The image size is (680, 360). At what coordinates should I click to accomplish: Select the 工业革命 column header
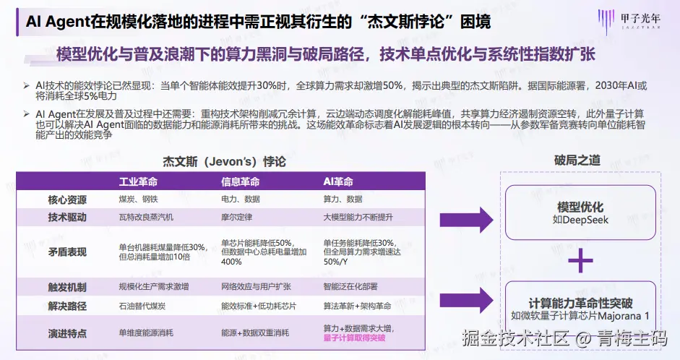[x=138, y=181]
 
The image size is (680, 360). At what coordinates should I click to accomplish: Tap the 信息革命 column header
[x=240, y=181]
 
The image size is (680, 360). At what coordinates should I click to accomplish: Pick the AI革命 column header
[x=338, y=181]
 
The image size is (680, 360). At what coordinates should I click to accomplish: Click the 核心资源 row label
[x=67, y=199]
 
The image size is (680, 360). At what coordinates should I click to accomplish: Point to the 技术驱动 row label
[x=67, y=217]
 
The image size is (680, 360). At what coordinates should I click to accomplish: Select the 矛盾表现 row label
[x=67, y=252]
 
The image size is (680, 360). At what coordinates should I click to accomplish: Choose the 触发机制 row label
[x=67, y=286]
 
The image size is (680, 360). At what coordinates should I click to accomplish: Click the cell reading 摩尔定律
[x=238, y=217]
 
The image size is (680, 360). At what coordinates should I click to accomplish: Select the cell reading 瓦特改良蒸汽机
[x=146, y=217]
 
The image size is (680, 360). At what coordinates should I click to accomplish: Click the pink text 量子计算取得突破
[x=354, y=337]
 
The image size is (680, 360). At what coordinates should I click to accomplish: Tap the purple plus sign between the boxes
[x=580, y=260]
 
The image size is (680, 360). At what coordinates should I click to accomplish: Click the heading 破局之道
[x=577, y=160]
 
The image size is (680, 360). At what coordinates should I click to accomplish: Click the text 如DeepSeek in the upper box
[x=580, y=220]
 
